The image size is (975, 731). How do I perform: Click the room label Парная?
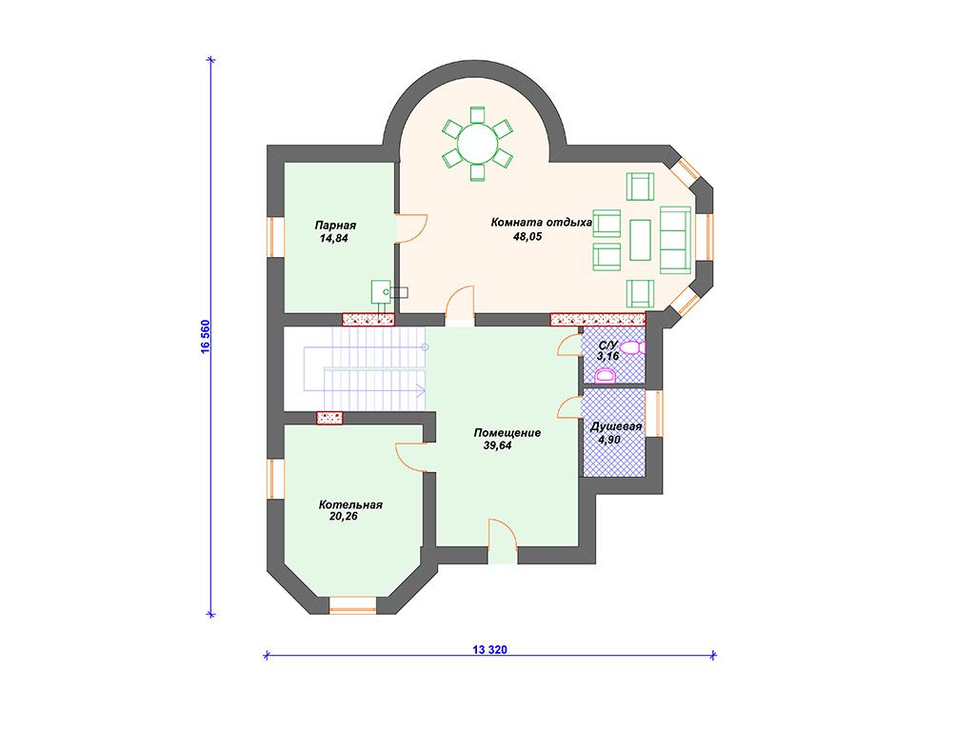pyautogui.click(x=334, y=226)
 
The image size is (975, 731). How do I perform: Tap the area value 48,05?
pyautogui.click(x=527, y=237)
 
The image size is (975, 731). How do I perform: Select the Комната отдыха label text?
pyautogui.click(x=541, y=222)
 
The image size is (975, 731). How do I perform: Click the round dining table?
pyautogui.click(x=478, y=144)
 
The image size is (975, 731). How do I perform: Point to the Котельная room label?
pyautogui.click(x=350, y=504)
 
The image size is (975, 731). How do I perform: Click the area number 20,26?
pyautogui.click(x=343, y=517)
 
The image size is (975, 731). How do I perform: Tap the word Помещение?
pyautogui.click(x=507, y=433)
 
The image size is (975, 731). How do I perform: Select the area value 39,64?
pyautogui.click(x=497, y=445)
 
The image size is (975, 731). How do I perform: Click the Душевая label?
pyautogui.click(x=616, y=427)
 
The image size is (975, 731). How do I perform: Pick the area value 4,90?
pyautogui.click(x=609, y=440)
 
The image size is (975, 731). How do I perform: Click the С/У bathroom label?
pyautogui.click(x=608, y=345)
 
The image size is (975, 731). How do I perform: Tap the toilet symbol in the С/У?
pyautogui.click(x=633, y=348)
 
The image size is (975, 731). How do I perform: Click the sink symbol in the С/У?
pyautogui.click(x=605, y=375)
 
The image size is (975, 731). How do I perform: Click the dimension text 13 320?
pyautogui.click(x=490, y=650)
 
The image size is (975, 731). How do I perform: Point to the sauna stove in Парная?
pyautogui.click(x=381, y=291)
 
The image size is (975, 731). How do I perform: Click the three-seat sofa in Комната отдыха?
pyautogui.click(x=675, y=240)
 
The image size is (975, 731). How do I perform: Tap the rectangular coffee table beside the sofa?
pyautogui.click(x=640, y=240)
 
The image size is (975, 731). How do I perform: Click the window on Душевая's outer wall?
pyautogui.click(x=654, y=413)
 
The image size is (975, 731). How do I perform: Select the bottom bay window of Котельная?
pyautogui.click(x=352, y=605)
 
